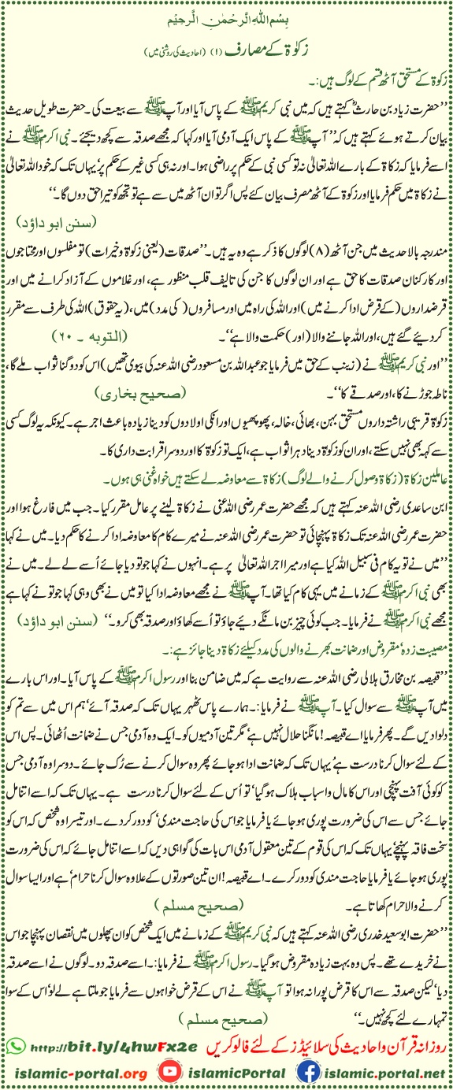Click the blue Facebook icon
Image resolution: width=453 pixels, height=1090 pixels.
point(303,1072)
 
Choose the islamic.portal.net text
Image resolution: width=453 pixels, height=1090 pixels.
point(378,1072)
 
